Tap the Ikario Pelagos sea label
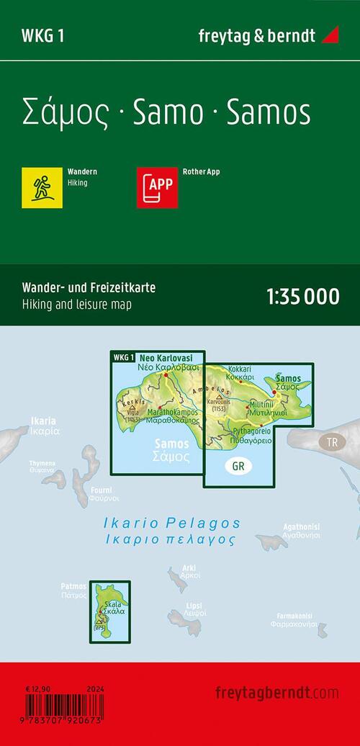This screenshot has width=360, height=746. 190,523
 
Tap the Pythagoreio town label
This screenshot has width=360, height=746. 251,430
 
